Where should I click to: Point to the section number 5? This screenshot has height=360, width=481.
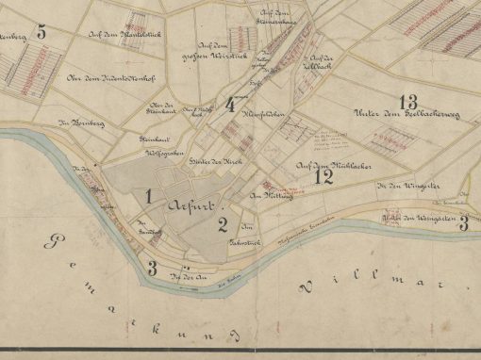(40, 30)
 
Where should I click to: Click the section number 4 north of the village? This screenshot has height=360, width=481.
(231, 105)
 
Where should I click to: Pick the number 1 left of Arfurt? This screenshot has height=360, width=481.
(148, 195)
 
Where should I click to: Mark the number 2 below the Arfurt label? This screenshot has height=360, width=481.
(222, 223)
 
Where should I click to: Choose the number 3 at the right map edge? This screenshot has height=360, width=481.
(463, 221)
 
